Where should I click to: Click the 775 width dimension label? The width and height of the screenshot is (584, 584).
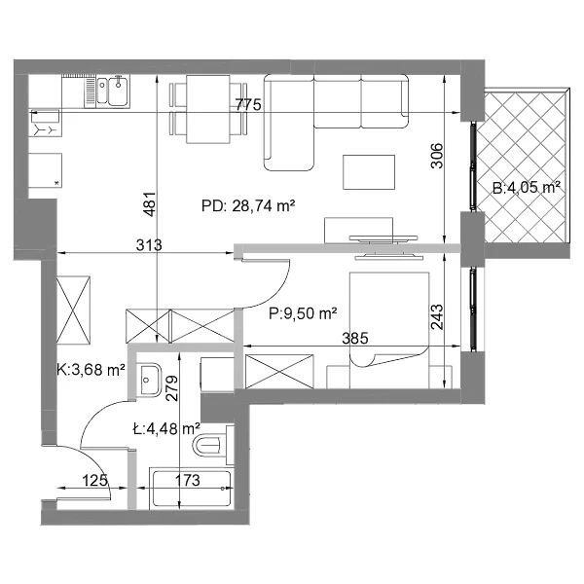(248, 105)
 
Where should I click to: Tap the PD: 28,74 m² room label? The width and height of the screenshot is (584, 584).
(248, 205)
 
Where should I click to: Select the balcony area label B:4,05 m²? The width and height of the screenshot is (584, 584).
(527, 187)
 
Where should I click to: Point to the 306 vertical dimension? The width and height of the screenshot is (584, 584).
(437, 156)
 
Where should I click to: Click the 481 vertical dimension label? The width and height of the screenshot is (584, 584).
(149, 204)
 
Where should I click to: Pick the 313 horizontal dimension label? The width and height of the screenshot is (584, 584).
(149, 245)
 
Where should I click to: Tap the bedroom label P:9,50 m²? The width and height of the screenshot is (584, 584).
(303, 313)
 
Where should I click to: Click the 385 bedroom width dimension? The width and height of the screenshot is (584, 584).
(355, 338)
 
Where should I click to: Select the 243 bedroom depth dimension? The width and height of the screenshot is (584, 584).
(437, 317)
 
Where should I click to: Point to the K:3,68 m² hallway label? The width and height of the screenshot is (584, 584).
(91, 370)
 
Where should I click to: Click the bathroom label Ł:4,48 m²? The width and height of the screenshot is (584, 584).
(166, 429)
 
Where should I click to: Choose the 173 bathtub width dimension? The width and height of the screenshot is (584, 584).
(187, 480)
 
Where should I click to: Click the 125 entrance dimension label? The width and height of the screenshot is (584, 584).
(94, 480)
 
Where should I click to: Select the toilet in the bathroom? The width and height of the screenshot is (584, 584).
(213, 446)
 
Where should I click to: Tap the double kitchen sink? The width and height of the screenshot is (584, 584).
(113, 91)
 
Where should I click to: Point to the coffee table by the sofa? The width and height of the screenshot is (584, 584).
(369, 172)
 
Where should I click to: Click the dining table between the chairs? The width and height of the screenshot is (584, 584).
(208, 109)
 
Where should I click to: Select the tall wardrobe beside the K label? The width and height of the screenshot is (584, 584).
(73, 310)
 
